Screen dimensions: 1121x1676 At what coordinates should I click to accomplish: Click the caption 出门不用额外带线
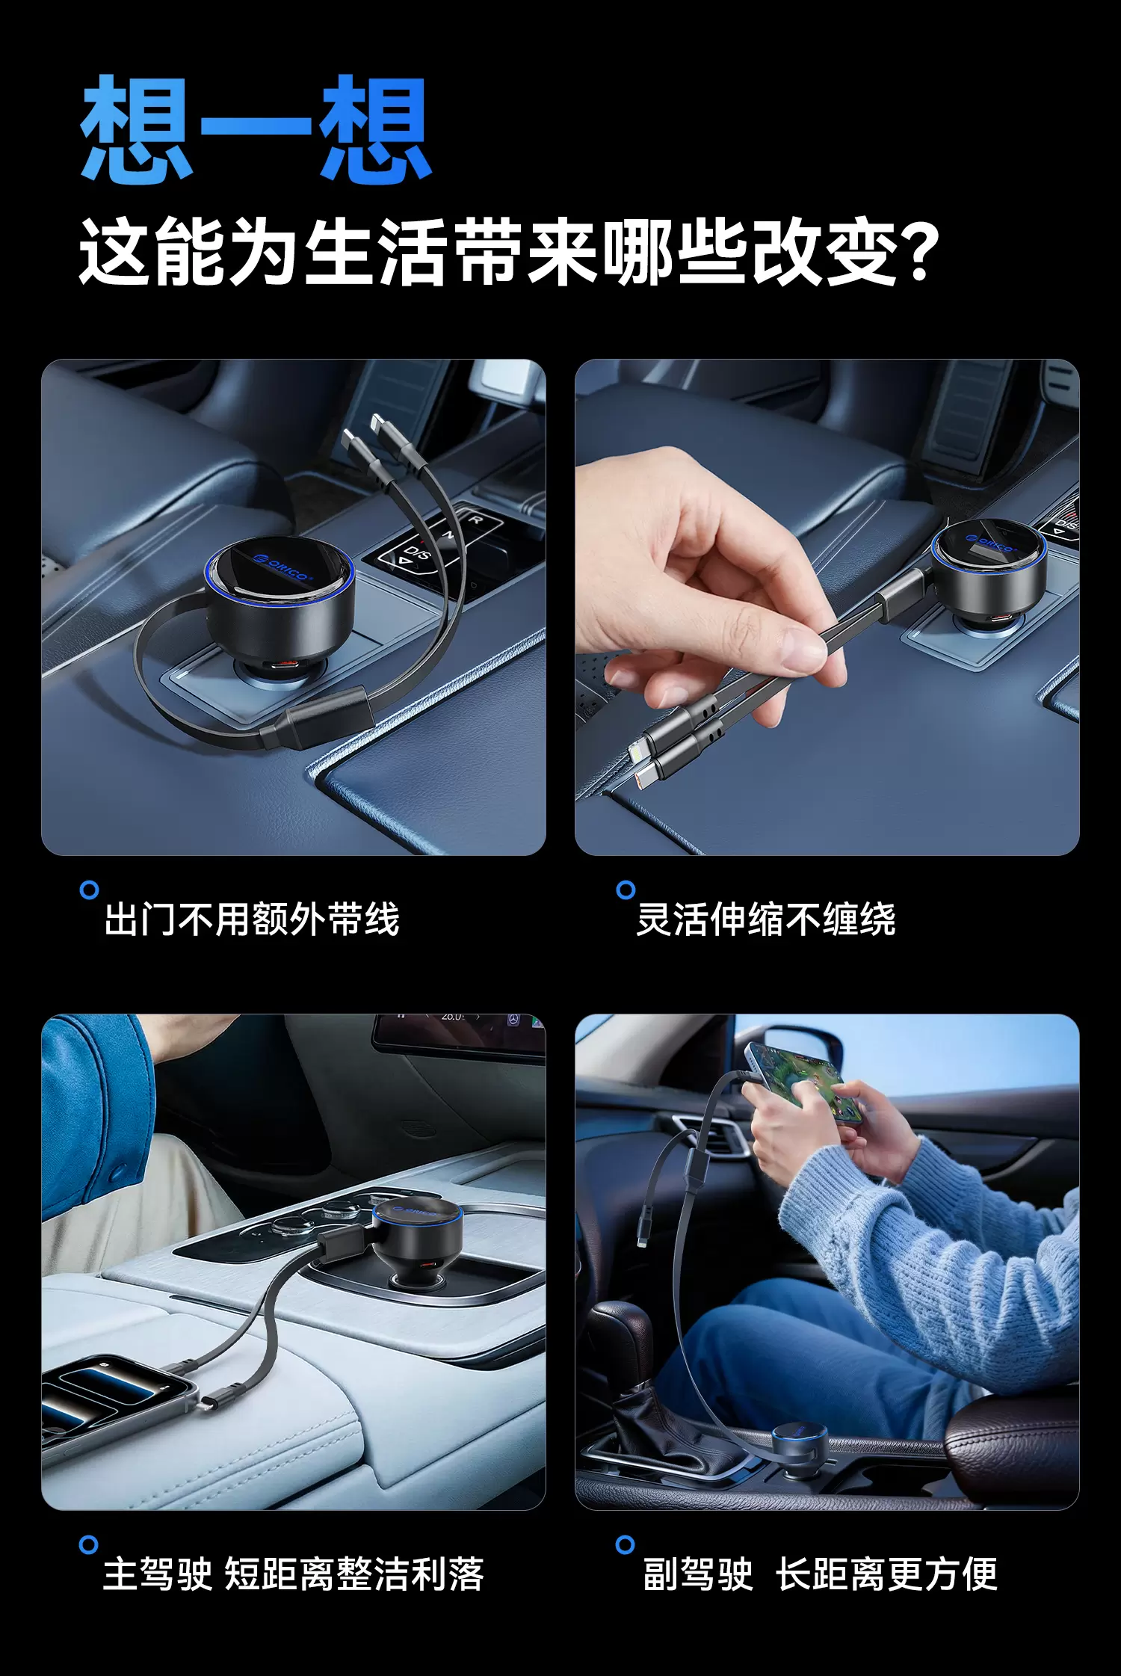[252, 919]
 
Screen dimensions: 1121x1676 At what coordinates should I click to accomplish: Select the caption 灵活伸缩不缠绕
[766, 919]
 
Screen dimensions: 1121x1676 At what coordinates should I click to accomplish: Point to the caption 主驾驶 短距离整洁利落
[294, 1574]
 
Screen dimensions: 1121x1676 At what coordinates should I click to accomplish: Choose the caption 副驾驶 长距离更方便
[820, 1574]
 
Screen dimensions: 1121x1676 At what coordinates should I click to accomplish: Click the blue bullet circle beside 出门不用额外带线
[89, 890]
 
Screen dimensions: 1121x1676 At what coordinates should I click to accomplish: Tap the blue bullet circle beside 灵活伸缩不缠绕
[626, 890]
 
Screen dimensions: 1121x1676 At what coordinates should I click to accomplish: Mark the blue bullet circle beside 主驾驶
[89, 1544]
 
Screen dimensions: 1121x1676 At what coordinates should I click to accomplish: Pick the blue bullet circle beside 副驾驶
[626, 1544]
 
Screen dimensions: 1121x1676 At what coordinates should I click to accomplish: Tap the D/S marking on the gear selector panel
[416, 554]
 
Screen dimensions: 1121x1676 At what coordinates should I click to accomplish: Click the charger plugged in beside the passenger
[800, 1447]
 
